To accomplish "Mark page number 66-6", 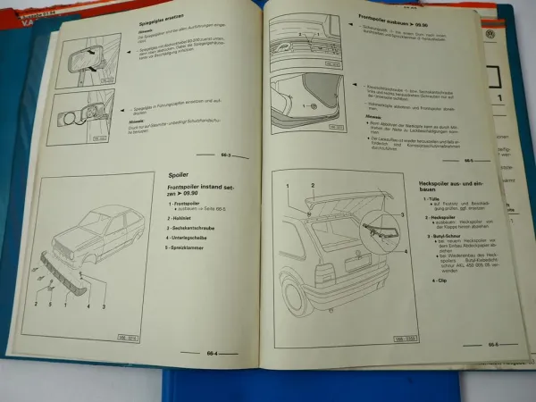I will tap(493, 344).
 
